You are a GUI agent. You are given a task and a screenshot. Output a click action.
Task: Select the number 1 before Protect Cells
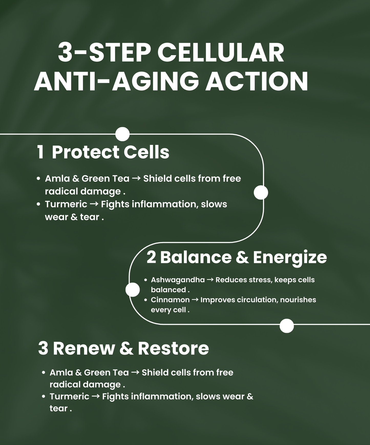click(x=40, y=152)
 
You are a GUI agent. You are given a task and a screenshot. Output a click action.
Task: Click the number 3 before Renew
click(x=43, y=348)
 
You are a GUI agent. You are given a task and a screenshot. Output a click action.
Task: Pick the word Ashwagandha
click(x=178, y=280)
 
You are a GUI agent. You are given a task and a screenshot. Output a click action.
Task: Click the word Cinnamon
click(x=170, y=300)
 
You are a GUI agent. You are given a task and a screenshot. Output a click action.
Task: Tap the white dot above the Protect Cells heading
click(x=122, y=134)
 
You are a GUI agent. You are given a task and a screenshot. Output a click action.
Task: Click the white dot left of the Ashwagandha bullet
click(x=133, y=290)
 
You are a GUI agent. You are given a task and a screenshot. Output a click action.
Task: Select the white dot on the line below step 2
click(x=287, y=326)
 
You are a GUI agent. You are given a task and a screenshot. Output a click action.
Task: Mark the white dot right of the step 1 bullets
click(x=261, y=192)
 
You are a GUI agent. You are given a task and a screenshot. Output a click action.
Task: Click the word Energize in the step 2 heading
click(x=290, y=258)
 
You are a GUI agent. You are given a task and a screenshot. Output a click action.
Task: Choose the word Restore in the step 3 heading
click(x=173, y=348)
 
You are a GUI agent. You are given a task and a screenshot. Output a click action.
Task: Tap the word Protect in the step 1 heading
click(x=86, y=152)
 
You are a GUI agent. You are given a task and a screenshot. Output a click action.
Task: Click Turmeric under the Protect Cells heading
click(x=66, y=204)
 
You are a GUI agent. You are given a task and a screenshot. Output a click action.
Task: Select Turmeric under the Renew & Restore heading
click(x=69, y=396)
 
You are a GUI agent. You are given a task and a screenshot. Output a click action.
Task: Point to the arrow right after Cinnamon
click(x=195, y=300)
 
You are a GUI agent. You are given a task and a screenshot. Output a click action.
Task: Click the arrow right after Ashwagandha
click(x=210, y=280)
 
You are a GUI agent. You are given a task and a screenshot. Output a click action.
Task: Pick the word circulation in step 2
click(x=258, y=300)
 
